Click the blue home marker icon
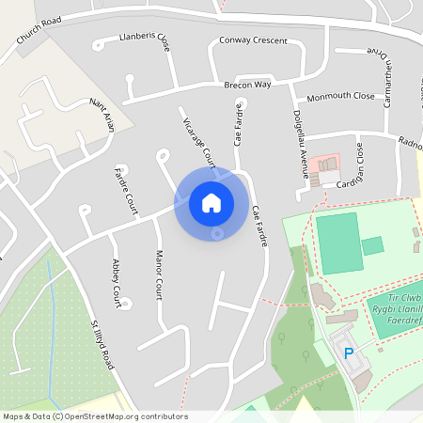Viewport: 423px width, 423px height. pyautogui.click(x=211, y=202)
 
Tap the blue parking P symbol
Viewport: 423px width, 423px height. pyautogui.click(x=349, y=353)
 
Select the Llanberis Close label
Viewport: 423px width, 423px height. pyautogui.click(x=144, y=39)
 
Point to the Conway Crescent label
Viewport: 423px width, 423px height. pyautogui.click(x=253, y=40)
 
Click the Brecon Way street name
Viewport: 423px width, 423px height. pyautogui.click(x=247, y=85)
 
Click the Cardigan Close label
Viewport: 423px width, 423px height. pyautogui.click(x=350, y=165)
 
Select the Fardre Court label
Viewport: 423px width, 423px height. pyautogui.click(x=126, y=191)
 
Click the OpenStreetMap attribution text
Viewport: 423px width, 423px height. pyautogui.click(x=94, y=416)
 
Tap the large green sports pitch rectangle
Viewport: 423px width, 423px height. pyautogui.click(x=338, y=243)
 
